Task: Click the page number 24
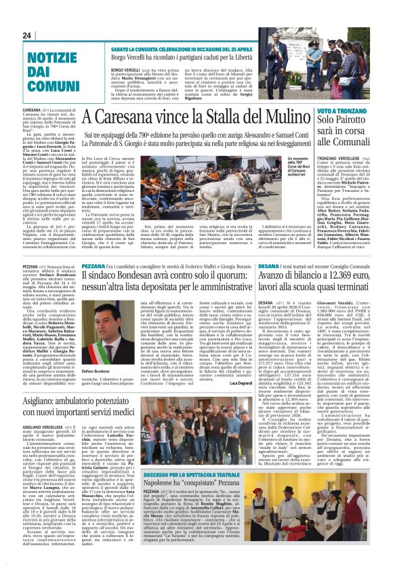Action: pyautogui.click(x=27, y=35)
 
